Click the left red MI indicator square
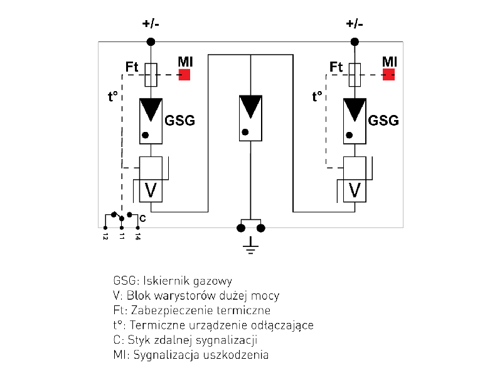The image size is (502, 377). [184, 74]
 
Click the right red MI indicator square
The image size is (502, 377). [389, 74]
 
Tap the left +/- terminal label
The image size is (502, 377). [151, 25]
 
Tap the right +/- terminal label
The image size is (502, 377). [355, 25]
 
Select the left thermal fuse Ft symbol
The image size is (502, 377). [151, 75]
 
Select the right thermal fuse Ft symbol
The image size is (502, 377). [355, 75]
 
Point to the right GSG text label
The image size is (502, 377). [383, 120]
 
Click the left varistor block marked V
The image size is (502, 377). [151, 188]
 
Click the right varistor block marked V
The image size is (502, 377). [355, 188]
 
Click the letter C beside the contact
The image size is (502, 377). [142, 218]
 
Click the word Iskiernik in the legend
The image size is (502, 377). [166, 281]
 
